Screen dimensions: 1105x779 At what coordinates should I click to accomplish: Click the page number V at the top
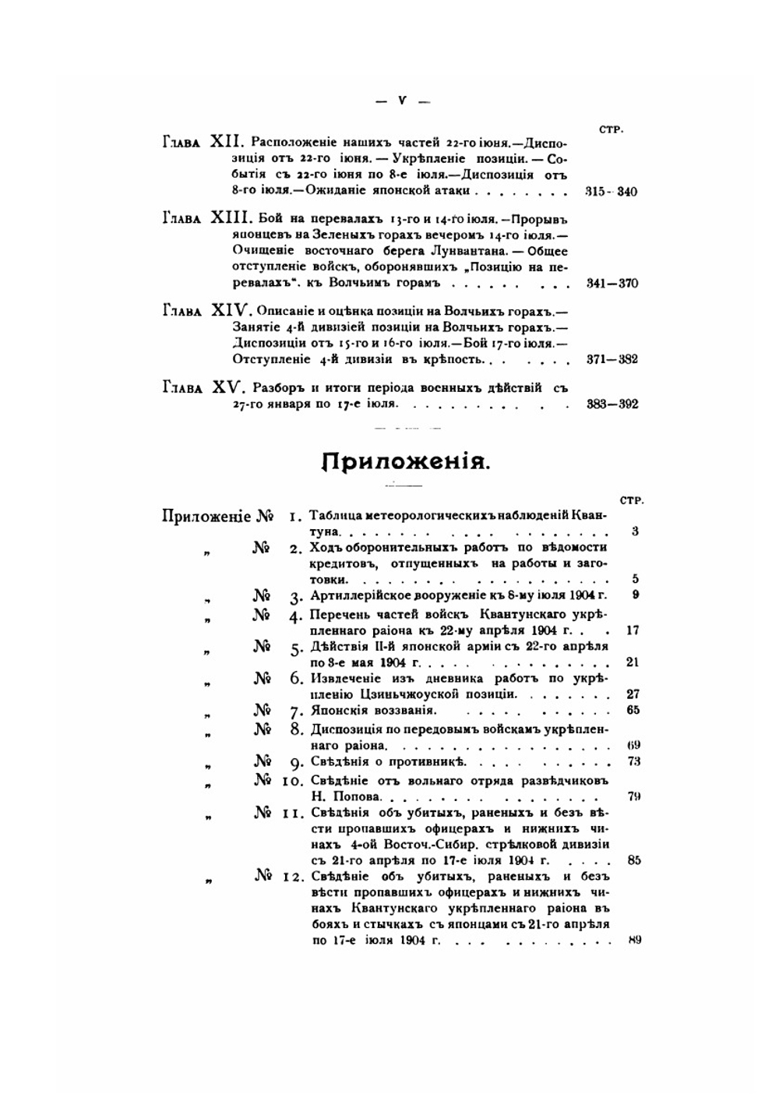click(x=402, y=101)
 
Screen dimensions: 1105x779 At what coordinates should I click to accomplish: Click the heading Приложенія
click(x=406, y=461)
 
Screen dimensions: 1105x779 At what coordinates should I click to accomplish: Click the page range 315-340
click(x=611, y=192)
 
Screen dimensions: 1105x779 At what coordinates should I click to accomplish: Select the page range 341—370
click(x=612, y=283)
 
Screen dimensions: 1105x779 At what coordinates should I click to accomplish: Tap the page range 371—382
click(x=612, y=359)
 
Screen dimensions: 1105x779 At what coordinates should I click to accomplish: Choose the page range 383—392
click(x=612, y=404)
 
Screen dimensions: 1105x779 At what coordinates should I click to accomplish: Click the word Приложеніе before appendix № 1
click(x=206, y=517)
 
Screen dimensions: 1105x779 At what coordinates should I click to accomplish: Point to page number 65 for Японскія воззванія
click(x=633, y=710)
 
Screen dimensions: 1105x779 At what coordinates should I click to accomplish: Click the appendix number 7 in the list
click(x=295, y=711)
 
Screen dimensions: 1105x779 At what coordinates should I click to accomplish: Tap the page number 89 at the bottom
click(x=633, y=941)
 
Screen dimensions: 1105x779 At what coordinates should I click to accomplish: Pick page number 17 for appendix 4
click(x=633, y=630)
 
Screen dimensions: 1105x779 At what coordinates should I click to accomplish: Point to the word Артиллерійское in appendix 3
click(x=354, y=596)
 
